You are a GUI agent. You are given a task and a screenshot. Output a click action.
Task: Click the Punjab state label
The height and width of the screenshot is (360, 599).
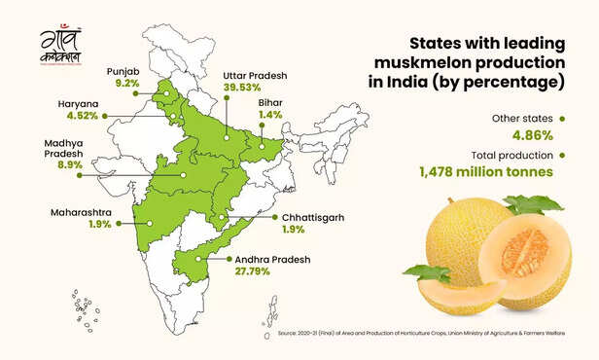pos(123,71)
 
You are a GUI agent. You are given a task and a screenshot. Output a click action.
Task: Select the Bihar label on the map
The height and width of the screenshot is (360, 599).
pos(268,101)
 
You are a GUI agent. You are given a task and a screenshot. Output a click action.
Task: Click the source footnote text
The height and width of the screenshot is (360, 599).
pos(434,333)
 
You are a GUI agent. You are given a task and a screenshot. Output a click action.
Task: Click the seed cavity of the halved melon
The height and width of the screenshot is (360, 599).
pos(526,252)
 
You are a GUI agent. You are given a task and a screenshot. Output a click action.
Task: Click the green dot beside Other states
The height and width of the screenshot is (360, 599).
pos(561,119)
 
